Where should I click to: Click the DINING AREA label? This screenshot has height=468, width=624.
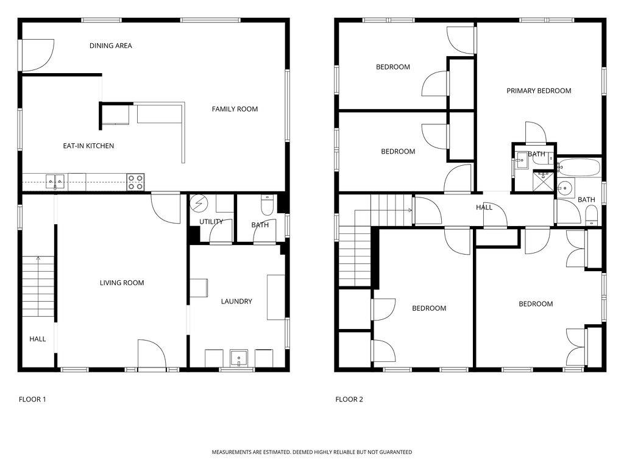pyautogui.click(x=111, y=46)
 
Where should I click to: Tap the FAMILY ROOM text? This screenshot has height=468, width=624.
pyautogui.click(x=235, y=109)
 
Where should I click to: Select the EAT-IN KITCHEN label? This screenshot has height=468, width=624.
pyautogui.click(x=88, y=146)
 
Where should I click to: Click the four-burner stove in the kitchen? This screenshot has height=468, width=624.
pyautogui.click(x=135, y=182)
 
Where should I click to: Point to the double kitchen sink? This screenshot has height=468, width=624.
pyautogui.click(x=55, y=182)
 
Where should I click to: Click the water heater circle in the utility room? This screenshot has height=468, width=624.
pyautogui.click(x=199, y=203)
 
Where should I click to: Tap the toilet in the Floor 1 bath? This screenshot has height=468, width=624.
pyautogui.click(x=267, y=204)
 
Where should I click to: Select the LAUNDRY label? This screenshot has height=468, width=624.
pyautogui.click(x=236, y=302)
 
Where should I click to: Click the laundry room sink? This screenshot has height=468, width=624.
pyautogui.click(x=239, y=358)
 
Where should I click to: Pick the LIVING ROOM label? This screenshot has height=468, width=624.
pyautogui.click(x=122, y=283)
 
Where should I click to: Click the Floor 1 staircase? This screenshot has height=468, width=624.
pyautogui.click(x=38, y=286)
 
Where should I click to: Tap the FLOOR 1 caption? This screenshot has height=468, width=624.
pyautogui.click(x=32, y=399)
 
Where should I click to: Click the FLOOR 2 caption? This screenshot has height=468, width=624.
pyautogui.click(x=349, y=399)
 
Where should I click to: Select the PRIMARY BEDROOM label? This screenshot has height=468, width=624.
pyautogui.click(x=539, y=91)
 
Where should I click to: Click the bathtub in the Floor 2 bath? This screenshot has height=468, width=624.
pyautogui.click(x=579, y=168)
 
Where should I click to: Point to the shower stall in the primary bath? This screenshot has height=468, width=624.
pyautogui.click(x=543, y=180)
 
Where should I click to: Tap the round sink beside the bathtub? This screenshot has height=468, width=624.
pyautogui.click(x=564, y=188)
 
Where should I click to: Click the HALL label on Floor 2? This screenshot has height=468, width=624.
pyautogui.click(x=484, y=207)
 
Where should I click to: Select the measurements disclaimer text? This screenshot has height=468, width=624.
pyautogui.click(x=311, y=452)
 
